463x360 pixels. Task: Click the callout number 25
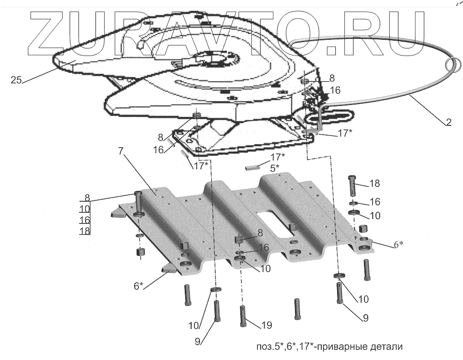[x=16, y=80]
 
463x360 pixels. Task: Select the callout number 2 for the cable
[x=448, y=123]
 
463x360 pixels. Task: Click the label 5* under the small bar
[x=275, y=168]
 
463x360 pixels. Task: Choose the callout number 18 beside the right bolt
[x=374, y=184]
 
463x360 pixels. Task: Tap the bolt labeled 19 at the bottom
[x=243, y=317]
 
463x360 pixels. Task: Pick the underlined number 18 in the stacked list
[x=85, y=230]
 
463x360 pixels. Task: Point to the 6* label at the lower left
[x=138, y=286]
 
